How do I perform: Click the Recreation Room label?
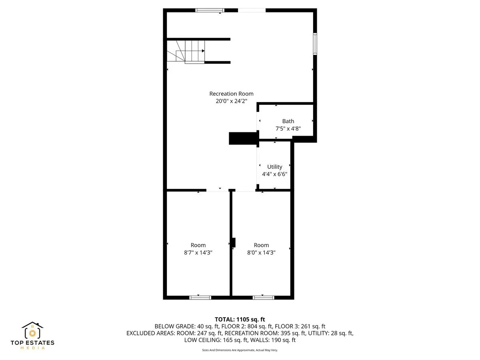tap(231, 94)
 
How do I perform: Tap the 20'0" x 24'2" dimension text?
tap(231, 102)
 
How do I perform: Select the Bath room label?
tap(288, 121)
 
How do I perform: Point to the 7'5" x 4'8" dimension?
tap(288, 129)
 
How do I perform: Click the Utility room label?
tap(275, 167)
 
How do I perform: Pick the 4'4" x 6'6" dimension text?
tap(275, 174)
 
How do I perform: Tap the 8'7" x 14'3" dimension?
tap(198, 253)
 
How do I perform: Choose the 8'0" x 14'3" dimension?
tap(261, 253)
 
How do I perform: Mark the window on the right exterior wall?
tap(315, 44)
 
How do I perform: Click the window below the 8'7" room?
tap(200, 297)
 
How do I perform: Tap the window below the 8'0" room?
tap(264, 297)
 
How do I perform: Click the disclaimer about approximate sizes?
tap(240, 350)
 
